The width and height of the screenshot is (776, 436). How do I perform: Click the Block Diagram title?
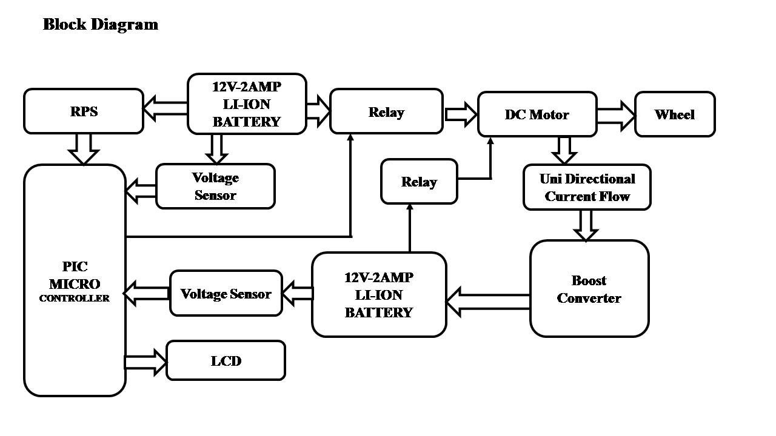(x=100, y=24)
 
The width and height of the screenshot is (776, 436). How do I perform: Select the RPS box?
(x=84, y=111)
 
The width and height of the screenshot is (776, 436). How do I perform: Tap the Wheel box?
(x=675, y=114)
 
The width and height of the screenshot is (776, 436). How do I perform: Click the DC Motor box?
(x=537, y=114)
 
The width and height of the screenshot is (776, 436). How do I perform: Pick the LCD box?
(x=226, y=361)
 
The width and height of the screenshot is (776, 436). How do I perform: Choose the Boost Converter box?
(x=589, y=289)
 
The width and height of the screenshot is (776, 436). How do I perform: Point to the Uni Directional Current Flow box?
(x=587, y=187)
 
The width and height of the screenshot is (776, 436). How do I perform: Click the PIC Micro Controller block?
(x=75, y=281)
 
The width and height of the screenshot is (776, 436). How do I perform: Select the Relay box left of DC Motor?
(x=386, y=112)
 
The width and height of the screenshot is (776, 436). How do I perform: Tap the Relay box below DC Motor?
(x=419, y=182)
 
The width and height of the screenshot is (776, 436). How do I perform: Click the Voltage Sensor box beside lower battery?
(x=226, y=294)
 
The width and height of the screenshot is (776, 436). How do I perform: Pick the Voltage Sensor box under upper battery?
(x=215, y=186)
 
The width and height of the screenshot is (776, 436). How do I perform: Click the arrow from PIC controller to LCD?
(x=145, y=362)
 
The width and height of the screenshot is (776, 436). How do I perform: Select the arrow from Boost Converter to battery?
(x=488, y=302)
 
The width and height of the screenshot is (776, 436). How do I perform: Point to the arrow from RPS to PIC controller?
(x=84, y=148)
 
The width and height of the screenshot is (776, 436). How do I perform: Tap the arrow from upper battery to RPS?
(x=165, y=108)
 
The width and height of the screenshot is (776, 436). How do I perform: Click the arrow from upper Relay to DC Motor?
(x=461, y=114)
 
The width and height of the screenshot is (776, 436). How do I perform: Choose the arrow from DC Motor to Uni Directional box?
(x=564, y=150)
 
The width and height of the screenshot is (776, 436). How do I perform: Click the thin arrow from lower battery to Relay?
(x=410, y=228)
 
